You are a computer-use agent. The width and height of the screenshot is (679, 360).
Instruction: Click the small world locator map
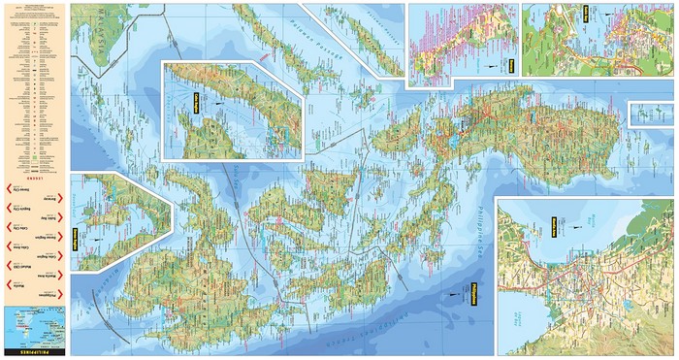(x=33, y=323)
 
